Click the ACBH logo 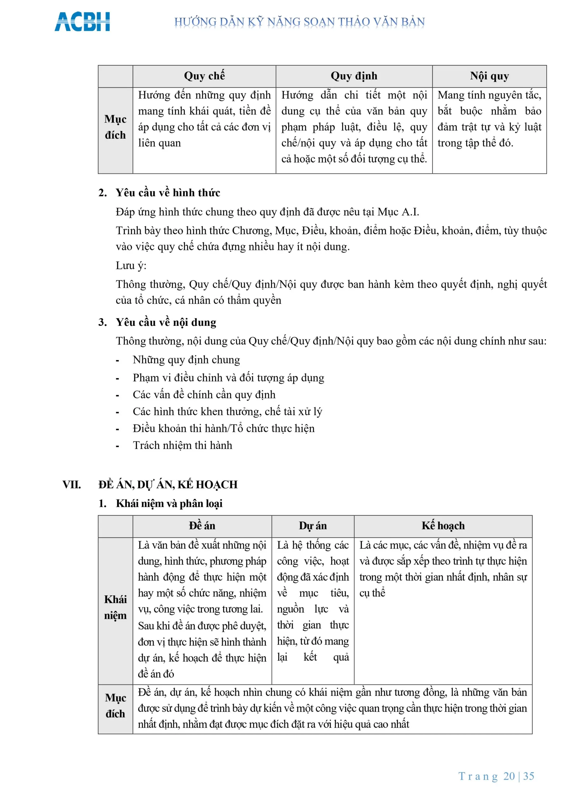(x=82, y=22)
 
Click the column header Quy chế (x=204, y=76)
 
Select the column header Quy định (x=354, y=76)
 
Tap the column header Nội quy (x=489, y=76)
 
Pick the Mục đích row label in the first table (x=115, y=127)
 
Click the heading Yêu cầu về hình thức (x=168, y=193)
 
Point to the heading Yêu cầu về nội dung (x=166, y=322)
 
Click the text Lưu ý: (x=131, y=265)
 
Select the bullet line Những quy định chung (x=186, y=360)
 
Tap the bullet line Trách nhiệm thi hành (x=182, y=445)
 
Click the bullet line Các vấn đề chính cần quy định (x=204, y=395)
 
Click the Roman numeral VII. (x=72, y=485)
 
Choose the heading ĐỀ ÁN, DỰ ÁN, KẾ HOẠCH (x=168, y=485)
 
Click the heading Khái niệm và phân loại (x=169, y=504)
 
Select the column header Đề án (x=202, y=526)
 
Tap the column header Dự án (x=313, y=526)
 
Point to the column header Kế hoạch (x=443, y=526)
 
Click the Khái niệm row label (x=115, y=608)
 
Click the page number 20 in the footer (x=509, y=776)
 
